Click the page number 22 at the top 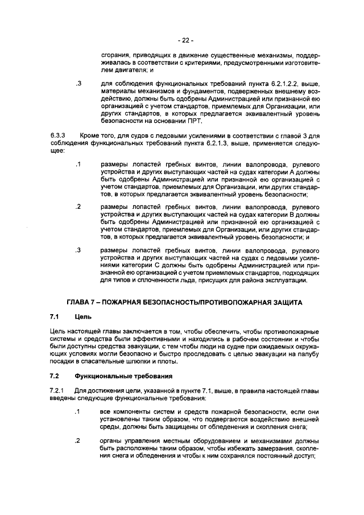click(185, 40)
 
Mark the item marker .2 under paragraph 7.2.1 click(78, 442)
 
